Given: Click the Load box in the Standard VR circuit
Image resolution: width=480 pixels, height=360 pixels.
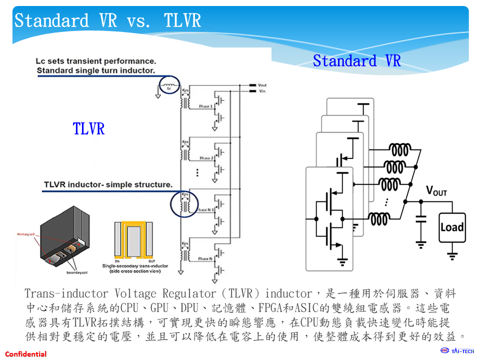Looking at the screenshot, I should point(452,227).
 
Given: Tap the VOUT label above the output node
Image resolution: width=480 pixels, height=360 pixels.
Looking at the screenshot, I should point(436,190).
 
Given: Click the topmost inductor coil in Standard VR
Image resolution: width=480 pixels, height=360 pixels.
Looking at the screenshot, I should point(400,149).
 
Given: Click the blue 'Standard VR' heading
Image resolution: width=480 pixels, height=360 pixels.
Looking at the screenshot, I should point(356,61).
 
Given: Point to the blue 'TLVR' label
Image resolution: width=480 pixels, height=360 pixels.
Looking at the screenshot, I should point(88,128).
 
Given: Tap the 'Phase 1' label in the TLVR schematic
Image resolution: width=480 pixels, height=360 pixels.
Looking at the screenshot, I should point(205,106).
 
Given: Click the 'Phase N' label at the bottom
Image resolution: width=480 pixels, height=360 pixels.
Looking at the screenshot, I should point(205,258).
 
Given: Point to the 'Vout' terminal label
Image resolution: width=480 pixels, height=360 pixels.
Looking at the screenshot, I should point(262,85).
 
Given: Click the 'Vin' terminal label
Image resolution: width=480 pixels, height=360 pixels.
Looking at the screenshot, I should point(261,91).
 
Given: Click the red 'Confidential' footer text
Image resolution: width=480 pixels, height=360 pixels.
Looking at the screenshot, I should point(26,354).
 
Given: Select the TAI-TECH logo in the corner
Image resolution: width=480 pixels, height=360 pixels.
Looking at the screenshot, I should point(457,350).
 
